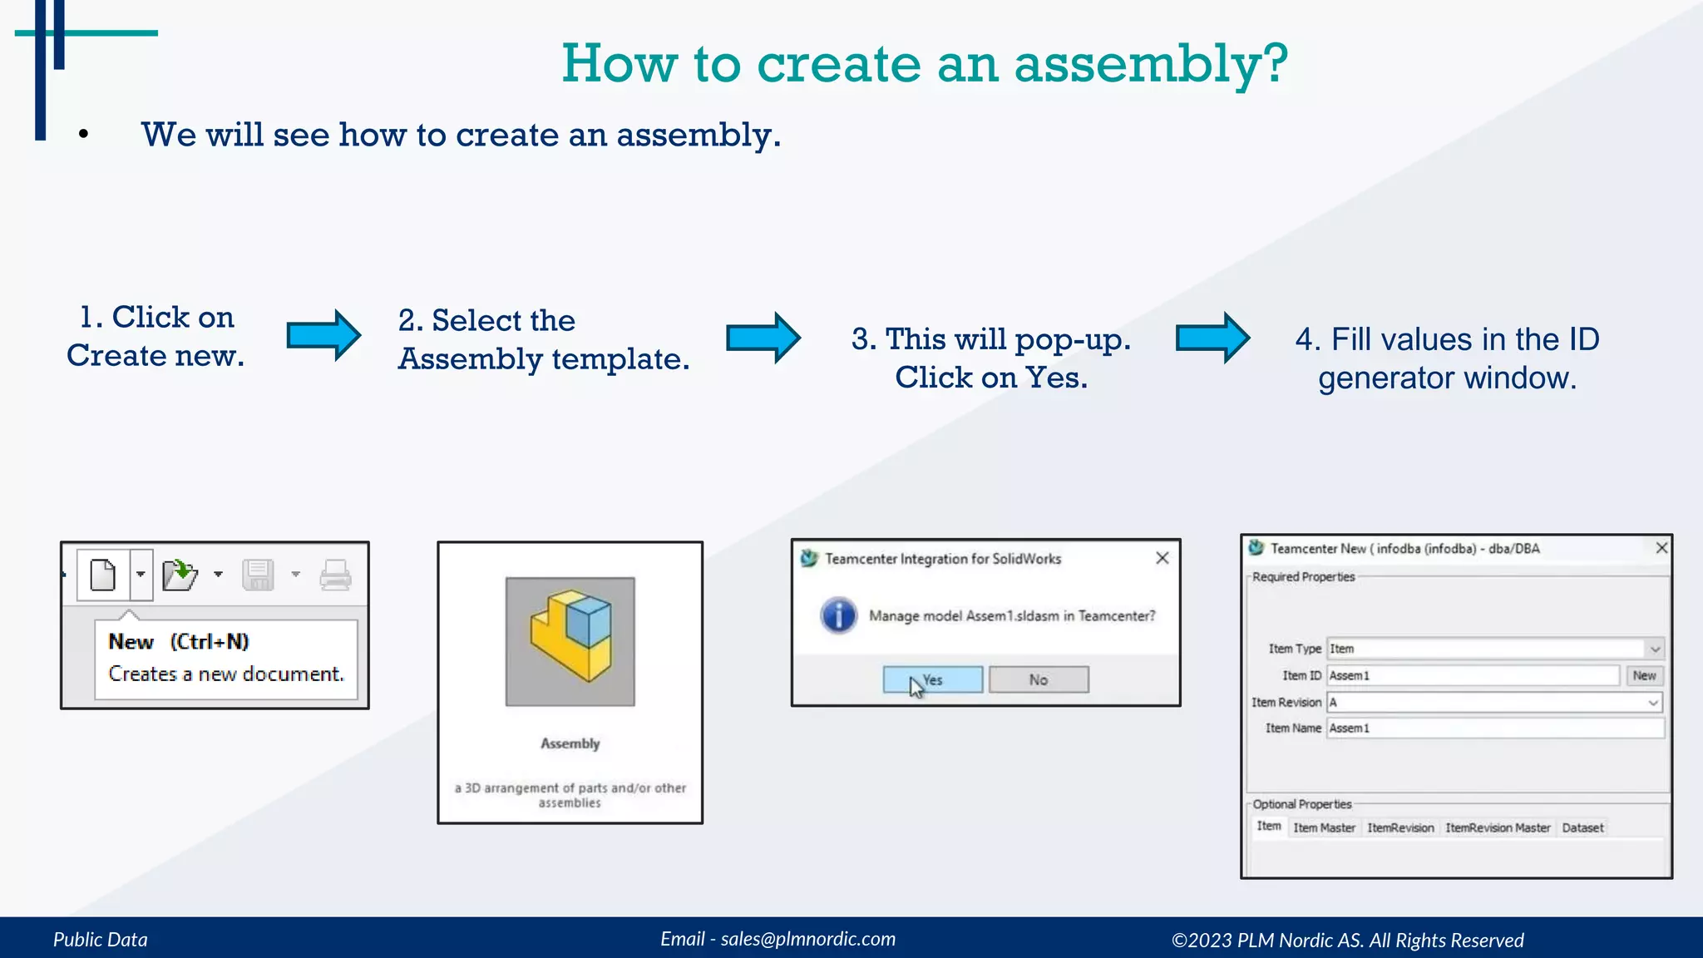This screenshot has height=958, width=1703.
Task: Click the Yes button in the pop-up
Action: [x=932, y=679]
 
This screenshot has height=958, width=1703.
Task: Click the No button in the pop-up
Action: [x=1039, y=679]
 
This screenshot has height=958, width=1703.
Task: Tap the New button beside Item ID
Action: [x=1644, y=675]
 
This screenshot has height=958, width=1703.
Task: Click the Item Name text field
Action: [x=1494, y=728]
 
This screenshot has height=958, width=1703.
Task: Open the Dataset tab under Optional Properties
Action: [x=1582, y=827]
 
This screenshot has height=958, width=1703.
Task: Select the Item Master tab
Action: [x=1324, y=827]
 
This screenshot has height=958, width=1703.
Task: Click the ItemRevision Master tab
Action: [x=1498, y=827]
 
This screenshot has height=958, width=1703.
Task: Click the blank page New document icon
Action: [x=103, y=575]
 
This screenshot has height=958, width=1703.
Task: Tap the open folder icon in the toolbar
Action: [x=180, y=575]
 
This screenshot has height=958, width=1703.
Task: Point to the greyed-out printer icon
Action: [x=336, y=575]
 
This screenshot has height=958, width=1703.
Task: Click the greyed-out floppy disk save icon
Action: [x=258, y=575]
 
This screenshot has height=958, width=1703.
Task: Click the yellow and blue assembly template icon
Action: [x=570, y=641]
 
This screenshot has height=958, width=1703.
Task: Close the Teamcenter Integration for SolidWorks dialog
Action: [x=1162, y=558]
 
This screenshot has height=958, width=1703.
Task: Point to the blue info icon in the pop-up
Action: [x=839, y=615]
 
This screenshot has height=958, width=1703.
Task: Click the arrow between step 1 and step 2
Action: [x=323, y=335]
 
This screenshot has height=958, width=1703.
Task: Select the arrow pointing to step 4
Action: [x=1212, y=338]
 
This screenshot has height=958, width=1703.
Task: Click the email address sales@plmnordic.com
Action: [x=807, y=939]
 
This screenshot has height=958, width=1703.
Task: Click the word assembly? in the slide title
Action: [x=1151, y=64]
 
